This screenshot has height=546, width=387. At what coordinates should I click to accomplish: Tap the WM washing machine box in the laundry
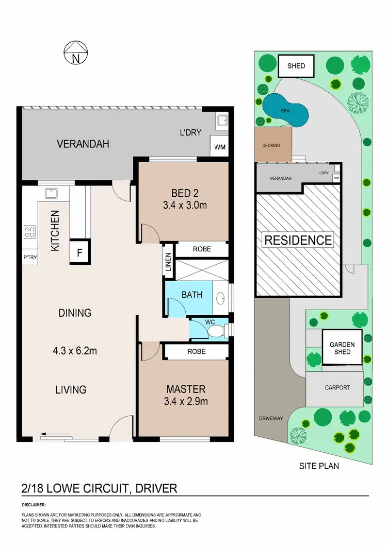click(x=220, y=147)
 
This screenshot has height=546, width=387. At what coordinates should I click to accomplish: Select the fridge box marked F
click(x=79, y=252)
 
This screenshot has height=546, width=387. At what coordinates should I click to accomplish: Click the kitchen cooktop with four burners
click(x=29, y=232)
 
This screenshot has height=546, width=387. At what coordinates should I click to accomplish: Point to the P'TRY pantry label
click(x=29, y=256)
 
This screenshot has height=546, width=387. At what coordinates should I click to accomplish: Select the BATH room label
click(x=191, y=295)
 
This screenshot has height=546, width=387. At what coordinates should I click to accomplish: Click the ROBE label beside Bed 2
click(x=202, y=249)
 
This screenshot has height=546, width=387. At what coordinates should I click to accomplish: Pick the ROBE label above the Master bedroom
click(x=196, y=351)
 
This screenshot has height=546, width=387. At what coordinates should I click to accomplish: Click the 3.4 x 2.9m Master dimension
click(x=186, y=401)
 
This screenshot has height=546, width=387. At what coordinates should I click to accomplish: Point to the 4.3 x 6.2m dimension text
click(x=76, y=351)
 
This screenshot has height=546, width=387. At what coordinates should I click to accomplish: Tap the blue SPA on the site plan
click(x=285, y=111)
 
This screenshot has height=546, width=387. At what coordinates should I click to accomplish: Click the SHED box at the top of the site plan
click(x=296, y=66)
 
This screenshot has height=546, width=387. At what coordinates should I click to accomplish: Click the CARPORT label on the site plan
click(x=337, y=388)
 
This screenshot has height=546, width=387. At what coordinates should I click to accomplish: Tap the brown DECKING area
click(x=272, y=145)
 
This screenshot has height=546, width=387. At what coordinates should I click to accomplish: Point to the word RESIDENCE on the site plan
click(x=299, y=240)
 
